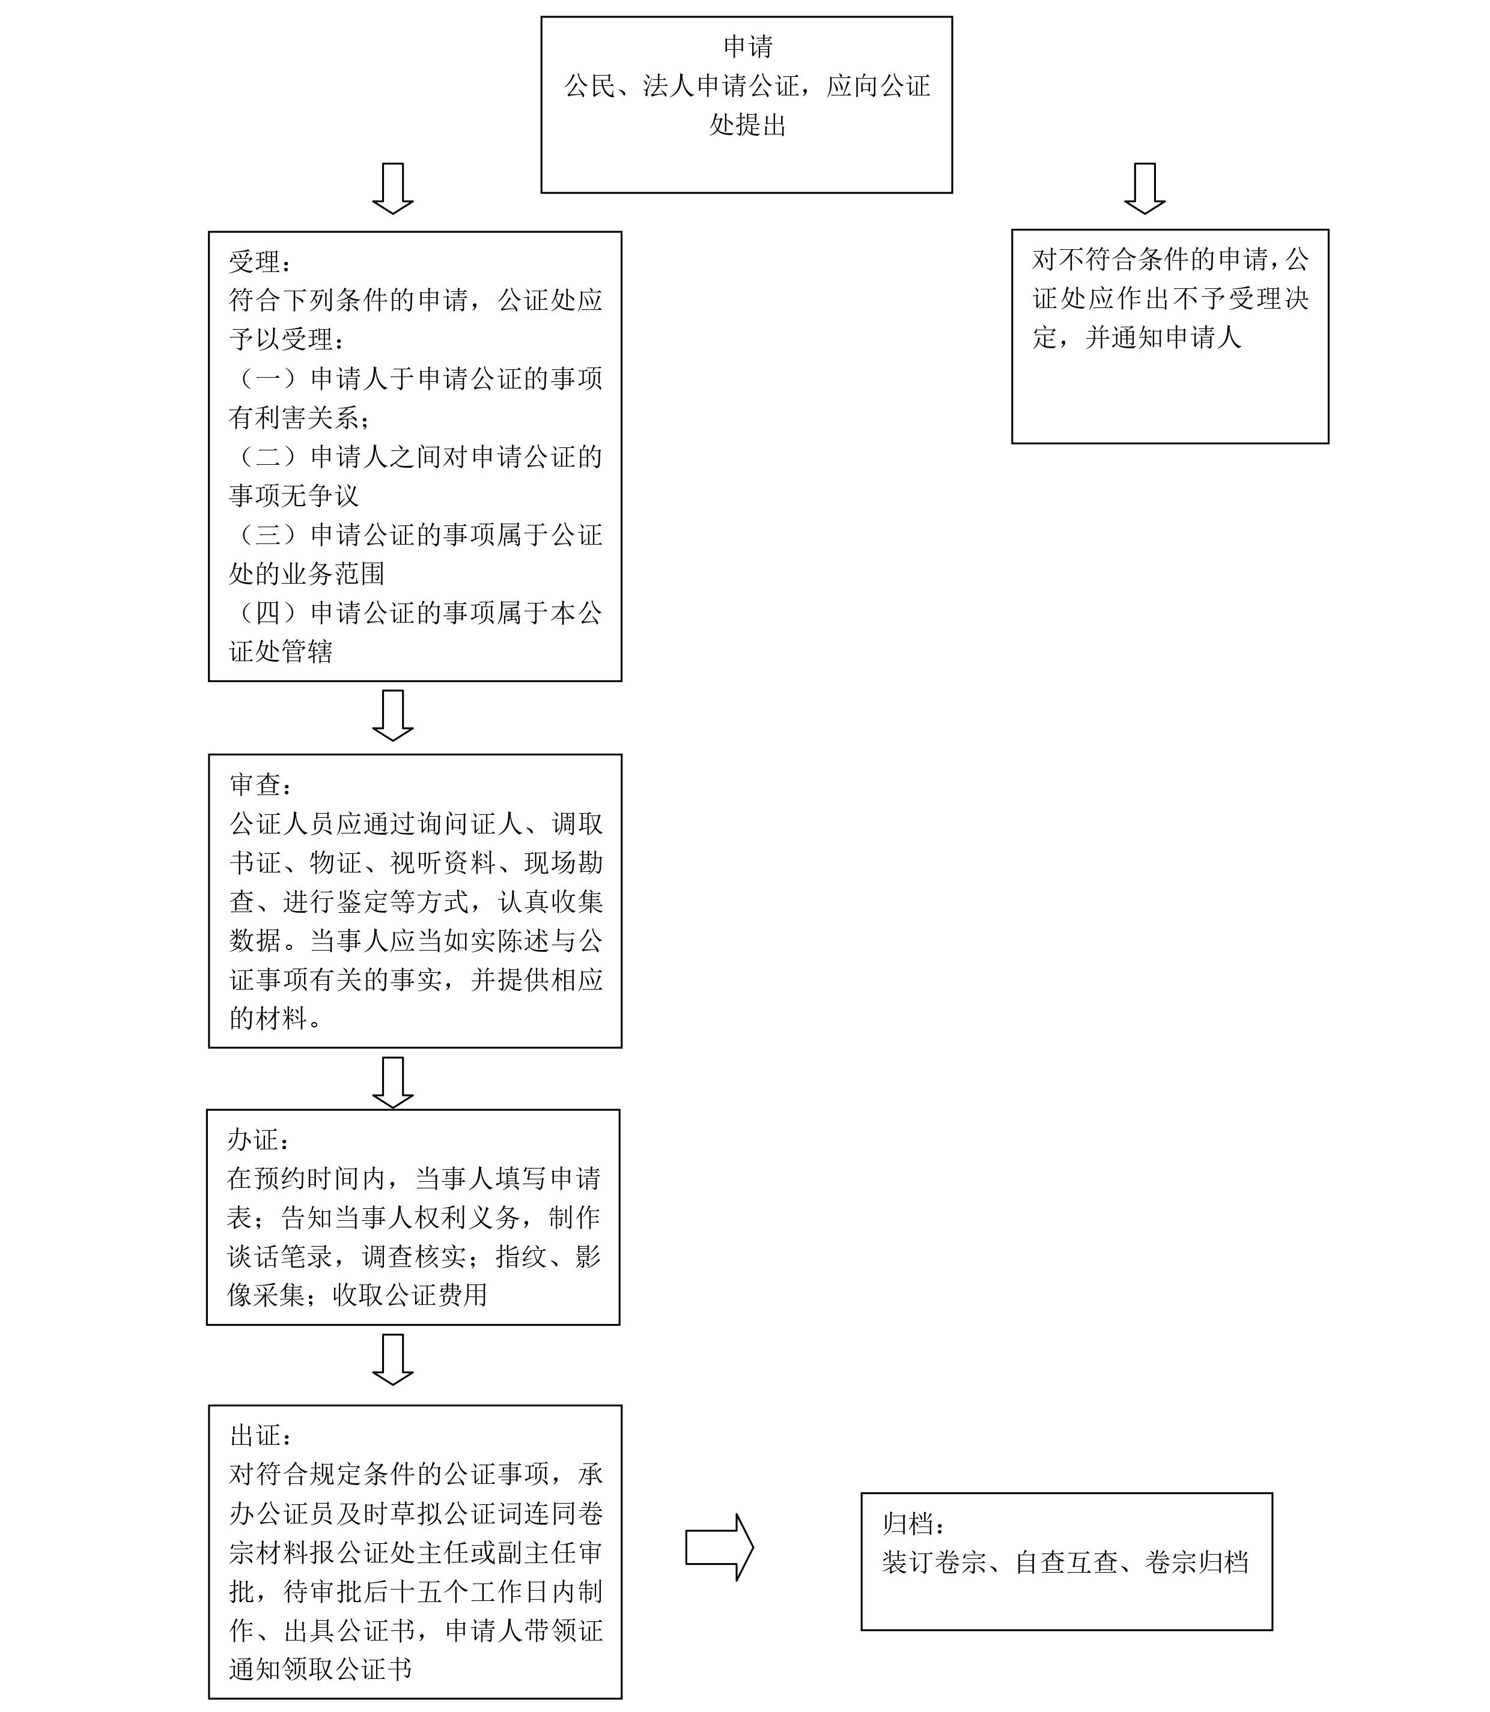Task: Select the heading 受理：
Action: (260, 262)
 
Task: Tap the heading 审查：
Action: (260, 784)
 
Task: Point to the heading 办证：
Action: (258, 1139)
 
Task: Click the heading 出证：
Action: (260, 1435)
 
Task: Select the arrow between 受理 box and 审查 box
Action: (392, 715)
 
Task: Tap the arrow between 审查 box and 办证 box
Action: (392, 1082)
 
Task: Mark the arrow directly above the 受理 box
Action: (392, 189)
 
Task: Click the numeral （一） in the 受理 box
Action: (268, 379)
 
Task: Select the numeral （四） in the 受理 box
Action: (268, 613)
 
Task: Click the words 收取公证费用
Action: (410, 1295)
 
